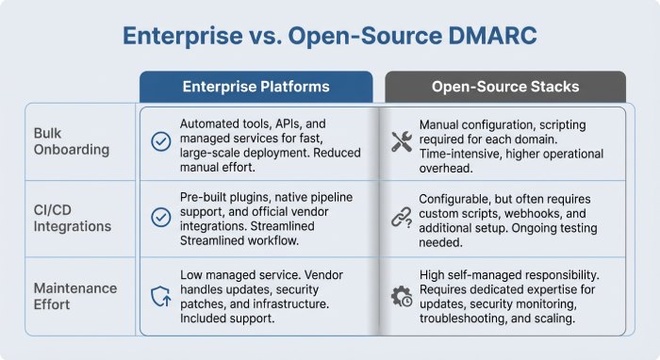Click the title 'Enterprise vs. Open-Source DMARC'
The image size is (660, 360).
[329, 37]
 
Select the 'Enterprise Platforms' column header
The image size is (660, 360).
[256, 87]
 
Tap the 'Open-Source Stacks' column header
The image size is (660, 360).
[504, 87]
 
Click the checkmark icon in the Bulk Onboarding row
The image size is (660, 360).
[160, 141]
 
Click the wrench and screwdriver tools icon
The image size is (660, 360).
[401, 141]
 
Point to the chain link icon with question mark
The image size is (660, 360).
[401, 219]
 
